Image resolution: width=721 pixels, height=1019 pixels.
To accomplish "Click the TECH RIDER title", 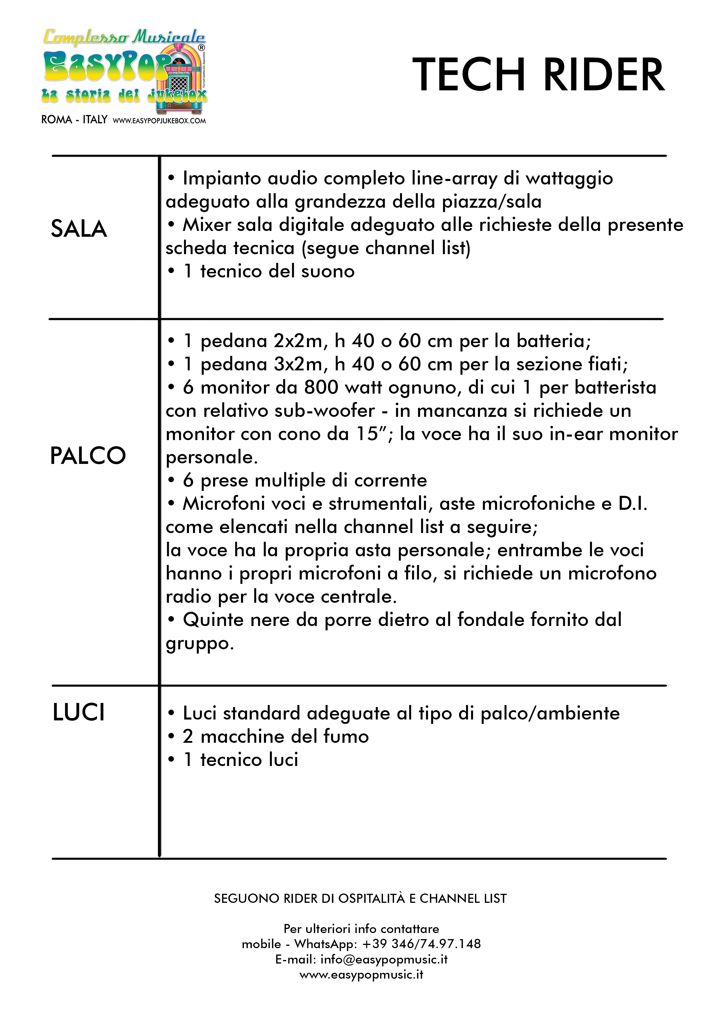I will point(538,75).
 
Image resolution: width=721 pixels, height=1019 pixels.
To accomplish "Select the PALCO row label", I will point(88,456).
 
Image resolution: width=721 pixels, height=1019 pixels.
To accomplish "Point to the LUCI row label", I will point(78,713).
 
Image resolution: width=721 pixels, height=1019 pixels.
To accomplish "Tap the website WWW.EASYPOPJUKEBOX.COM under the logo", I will point(159,121).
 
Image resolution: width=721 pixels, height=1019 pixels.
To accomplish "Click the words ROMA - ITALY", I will point(74,120).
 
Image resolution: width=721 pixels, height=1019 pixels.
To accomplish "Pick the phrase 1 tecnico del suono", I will point(269,271).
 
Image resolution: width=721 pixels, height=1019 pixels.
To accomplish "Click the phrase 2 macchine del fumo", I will point(275,737).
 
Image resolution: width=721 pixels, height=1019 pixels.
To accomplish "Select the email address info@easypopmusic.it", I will point(384,959).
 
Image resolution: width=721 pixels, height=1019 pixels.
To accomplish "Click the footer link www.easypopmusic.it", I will point(361,975).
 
